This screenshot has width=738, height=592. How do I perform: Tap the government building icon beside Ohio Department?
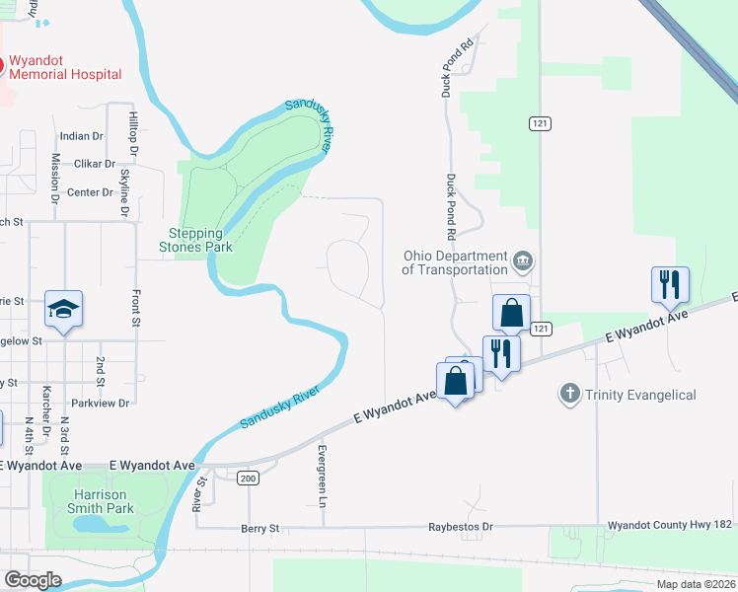click(524, 262)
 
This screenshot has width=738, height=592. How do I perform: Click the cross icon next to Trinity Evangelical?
click(569, 395)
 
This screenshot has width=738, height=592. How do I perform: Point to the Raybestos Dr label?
click(460, 528)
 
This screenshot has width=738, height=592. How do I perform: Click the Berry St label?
click(260, 529)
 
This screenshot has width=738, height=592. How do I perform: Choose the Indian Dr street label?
click(82, 136)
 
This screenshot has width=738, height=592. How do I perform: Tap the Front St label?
click(135, 307)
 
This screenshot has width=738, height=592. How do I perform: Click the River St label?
click(199, 493)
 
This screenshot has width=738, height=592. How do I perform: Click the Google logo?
click(33, 579)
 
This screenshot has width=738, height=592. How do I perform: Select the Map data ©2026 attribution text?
click(695, 584)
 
